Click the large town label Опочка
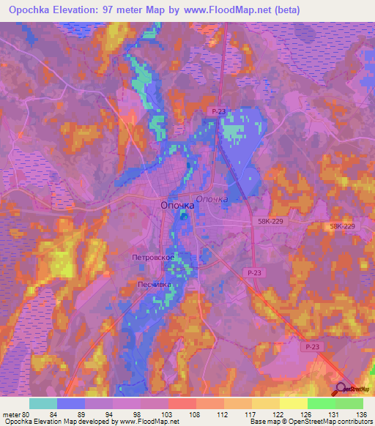[177, 206]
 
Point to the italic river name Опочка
[212, 198]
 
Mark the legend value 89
[84, 414]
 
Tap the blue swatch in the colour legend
[71, 403]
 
